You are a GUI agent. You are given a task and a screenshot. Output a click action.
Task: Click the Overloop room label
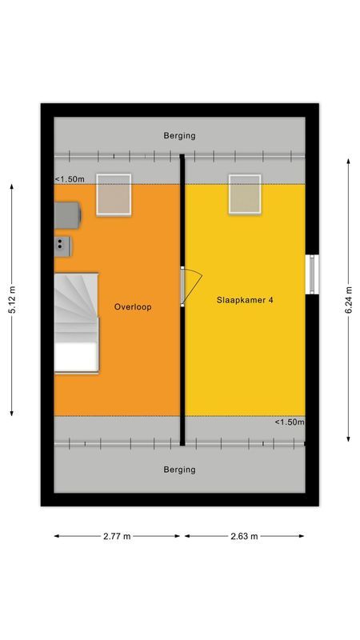tap(133, 306)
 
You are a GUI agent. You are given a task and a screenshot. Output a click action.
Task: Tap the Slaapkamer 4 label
tap(246, 301)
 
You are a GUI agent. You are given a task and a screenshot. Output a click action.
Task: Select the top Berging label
tap(179, 136)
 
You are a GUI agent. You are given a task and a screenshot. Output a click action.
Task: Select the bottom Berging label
tap(179, 470)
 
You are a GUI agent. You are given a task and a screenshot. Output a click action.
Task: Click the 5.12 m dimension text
tap(12, 300)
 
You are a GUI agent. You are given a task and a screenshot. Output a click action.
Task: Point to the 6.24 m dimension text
tap(348, 300)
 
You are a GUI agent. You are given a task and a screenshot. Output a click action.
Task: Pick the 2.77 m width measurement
tap(118, 536)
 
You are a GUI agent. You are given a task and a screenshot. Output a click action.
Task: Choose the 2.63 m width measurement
tap(243, 536)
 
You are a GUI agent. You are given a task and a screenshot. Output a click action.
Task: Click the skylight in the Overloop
tap(114, 194)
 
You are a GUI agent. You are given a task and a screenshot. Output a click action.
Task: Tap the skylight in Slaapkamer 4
tap(245, 194)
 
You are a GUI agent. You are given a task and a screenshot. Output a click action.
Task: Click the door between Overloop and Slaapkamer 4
tap(190, 285)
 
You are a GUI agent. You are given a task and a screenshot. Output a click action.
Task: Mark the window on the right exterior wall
tap(313, 274)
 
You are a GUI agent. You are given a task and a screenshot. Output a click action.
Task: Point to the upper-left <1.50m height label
tap(70, 179)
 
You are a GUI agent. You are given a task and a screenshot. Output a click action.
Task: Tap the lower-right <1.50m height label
tap(290, 422)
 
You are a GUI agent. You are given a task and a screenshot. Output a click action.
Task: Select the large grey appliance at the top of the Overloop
tap(67, 214)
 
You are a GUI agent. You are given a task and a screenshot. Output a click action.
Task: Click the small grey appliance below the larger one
tap(63, 246)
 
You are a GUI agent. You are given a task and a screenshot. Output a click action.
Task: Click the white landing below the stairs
tap(76, 357)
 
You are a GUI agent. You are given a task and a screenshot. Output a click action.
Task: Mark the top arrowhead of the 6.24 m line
tap(348, 161)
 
